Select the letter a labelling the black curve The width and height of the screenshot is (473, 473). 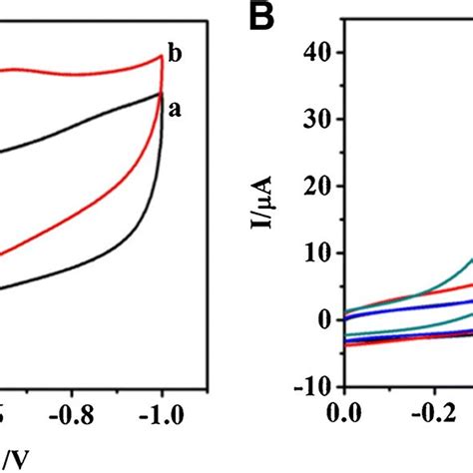point(175,111)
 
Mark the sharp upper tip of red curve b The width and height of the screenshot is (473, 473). point(161,56)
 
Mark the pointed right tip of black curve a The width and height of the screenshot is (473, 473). point(162,94)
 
